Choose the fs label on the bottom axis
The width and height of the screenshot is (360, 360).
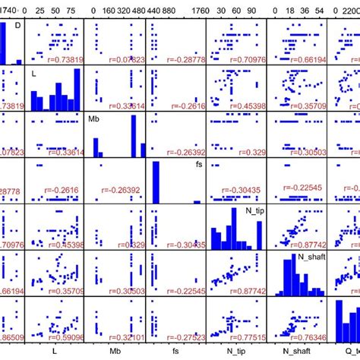click(175, 352)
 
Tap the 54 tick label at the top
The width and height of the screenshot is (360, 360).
click(320, 11)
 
